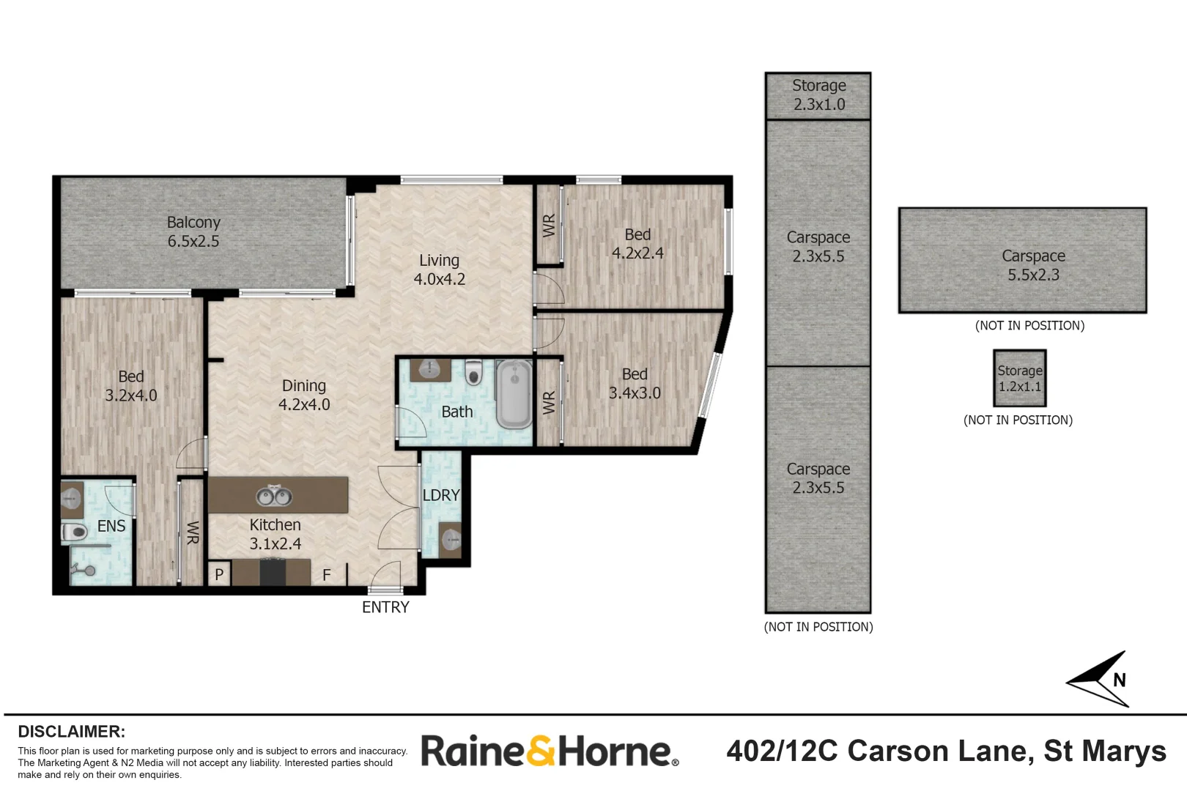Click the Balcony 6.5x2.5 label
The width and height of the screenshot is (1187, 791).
(x=193, y=231)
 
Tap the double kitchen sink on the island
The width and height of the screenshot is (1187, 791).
(x=274, y=496)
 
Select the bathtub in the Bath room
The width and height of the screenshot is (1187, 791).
(x=514, y=393)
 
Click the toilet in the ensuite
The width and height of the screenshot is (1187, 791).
(x=74, y=532)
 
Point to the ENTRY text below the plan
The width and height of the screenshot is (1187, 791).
(x=385, y=607)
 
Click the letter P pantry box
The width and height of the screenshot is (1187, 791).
(x=219, y=574)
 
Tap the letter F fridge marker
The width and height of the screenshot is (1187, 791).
(x=327, y=575)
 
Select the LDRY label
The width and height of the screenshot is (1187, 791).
(x=441, y=495)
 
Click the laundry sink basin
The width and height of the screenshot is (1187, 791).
(x=451, y=540)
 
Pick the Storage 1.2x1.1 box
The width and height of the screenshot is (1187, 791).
(x=1019, y=378)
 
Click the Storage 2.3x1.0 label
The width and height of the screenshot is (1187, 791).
(x=818, y=94)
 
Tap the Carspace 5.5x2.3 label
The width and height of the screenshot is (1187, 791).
(x=1033, y=265)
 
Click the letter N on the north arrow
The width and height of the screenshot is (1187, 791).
(x=1119, y=680)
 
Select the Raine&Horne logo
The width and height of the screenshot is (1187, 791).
(x=550, y=751)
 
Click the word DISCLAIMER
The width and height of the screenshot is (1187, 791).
(x=72, y=732)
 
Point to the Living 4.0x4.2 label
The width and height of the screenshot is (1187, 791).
(x=440, y=270)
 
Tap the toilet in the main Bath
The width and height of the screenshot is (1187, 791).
(x=474, y=372)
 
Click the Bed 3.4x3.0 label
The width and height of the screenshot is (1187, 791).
(x=635, y=384)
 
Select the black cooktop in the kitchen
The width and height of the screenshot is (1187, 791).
(x=273, y=573)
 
